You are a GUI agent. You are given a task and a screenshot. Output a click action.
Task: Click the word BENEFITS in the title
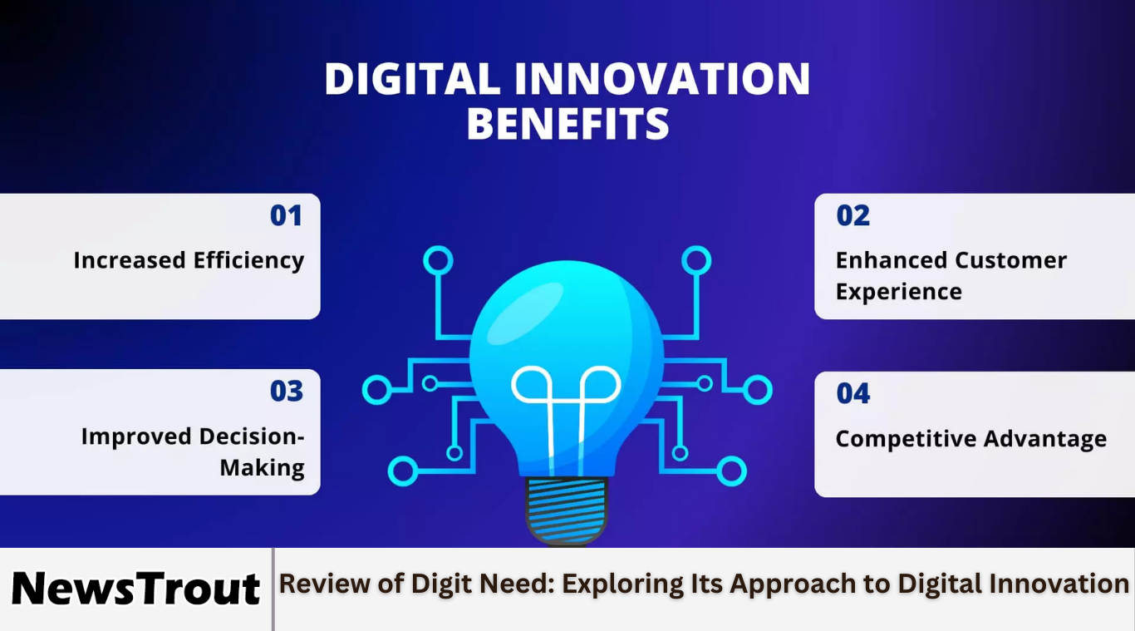point(567,123)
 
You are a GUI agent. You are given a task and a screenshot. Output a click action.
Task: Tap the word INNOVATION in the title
point(663,78)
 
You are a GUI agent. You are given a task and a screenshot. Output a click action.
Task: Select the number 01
point(287,215)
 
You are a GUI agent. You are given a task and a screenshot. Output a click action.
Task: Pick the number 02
point(852,215)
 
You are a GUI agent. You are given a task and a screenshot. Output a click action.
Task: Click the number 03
point(287,391)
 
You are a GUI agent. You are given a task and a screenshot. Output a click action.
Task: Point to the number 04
point(853,393)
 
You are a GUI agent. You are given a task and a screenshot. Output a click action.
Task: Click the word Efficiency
point(248,261)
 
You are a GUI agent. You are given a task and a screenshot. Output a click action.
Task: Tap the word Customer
point(1011,260)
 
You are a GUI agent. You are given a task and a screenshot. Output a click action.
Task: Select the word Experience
point(899,293)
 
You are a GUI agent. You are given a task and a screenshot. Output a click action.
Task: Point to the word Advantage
point(1045,439)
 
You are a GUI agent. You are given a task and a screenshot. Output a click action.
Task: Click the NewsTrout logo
point(135,589)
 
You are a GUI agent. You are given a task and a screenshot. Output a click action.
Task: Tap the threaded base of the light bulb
point(566,510)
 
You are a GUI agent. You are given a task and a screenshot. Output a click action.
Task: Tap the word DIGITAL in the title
point(412,78)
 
